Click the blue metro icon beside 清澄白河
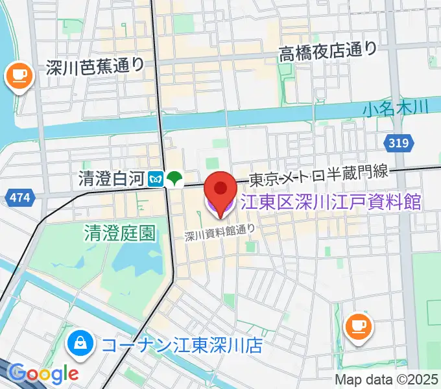[156, 178]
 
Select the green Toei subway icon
[173, 178]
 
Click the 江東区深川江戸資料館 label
[331, 202]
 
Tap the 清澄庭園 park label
[120, 233]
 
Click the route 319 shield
[398, 143]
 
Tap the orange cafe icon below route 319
[358, 325]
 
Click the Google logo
[43, 373]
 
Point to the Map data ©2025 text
[387, 379]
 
